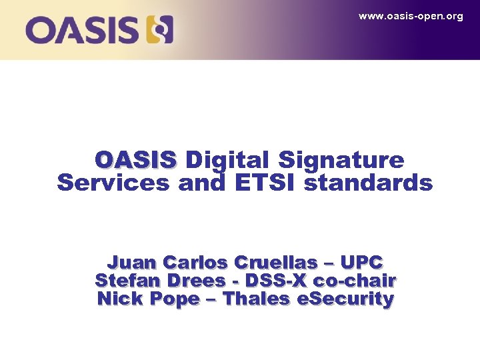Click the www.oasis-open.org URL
(x=410, y=16)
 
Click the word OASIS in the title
(x=135, y=160)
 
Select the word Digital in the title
(x=227, y=160)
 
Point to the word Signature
(x=341, y=160)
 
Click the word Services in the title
(x=113, y=183)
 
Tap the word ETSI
(x=265, y=183)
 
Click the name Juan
(x=131, y=262)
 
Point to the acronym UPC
(x=364, y=262)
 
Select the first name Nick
(x=120, y=299)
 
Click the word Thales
(x=257, y=299)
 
